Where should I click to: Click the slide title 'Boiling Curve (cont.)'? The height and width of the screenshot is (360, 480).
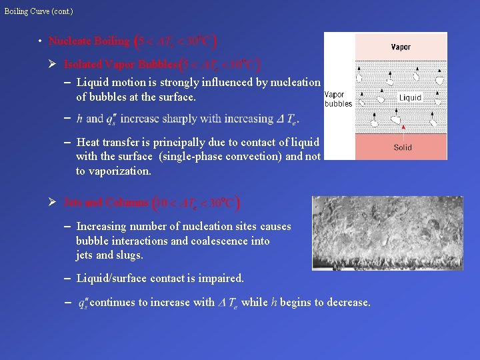click(39, 11)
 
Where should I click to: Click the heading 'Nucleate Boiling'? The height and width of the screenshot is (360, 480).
click(89, 41)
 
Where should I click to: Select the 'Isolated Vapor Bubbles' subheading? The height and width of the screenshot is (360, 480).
click(121, 65)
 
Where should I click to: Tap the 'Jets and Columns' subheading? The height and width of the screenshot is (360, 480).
click(107, 202)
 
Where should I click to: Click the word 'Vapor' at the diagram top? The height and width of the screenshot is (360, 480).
click(401, 47)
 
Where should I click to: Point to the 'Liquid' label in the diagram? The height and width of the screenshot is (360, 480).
click(410, 97)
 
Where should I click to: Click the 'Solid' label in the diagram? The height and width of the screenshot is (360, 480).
click(403, 147)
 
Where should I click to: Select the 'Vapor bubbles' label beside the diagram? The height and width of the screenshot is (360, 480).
click(338, 99)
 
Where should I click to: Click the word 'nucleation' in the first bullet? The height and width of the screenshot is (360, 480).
click(293, 83)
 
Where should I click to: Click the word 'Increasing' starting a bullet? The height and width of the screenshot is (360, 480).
click(103, 227)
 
